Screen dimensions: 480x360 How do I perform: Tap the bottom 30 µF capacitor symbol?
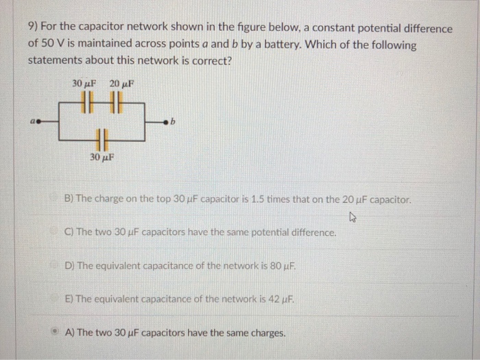pyautogui.click(x=101, y=139)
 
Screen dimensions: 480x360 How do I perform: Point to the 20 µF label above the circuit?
pyautogui.click(x=121, y=84)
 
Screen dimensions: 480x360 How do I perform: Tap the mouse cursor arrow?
pyautogui.click(x=352, y=217)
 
